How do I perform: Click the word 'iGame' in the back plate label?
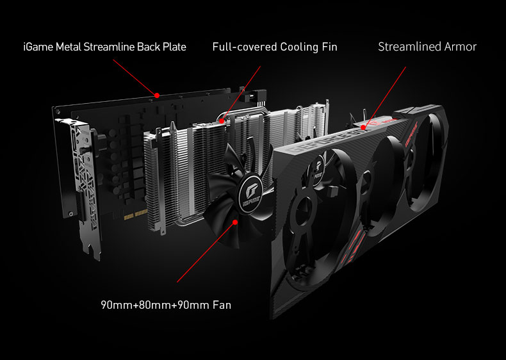pyautogui.click(x=38, y=47)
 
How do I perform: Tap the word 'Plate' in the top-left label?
pyautogui.click(x=174, y=47)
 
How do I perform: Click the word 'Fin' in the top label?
pyautogui.click(x=329, y=47)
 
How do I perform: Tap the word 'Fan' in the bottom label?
pyautogui.click(x=222, y=305)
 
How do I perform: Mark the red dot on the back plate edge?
pyautogui.click(x=157, y=95)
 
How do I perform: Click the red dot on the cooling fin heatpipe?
pyautogui.click(x=222, y=122)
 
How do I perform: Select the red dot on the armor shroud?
pyautogui.click(x=363, y=127)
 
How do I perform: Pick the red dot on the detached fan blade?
pyautogui.click(x=235, y=222)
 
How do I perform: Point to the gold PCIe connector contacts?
pyautogui.click(x=136, y=215)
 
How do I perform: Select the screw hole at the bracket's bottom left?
pyautogui.click(x=71, y=214)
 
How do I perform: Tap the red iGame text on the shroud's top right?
pyautogui.click(x=411, y=135)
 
